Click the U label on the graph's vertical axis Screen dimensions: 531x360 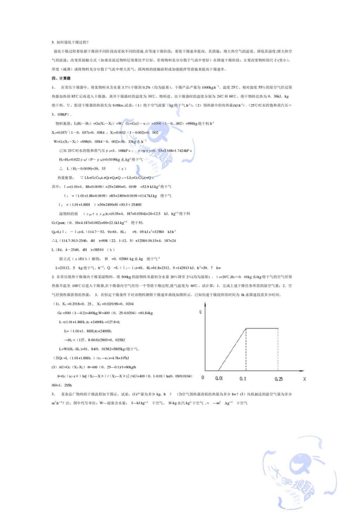tap(201, 310)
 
